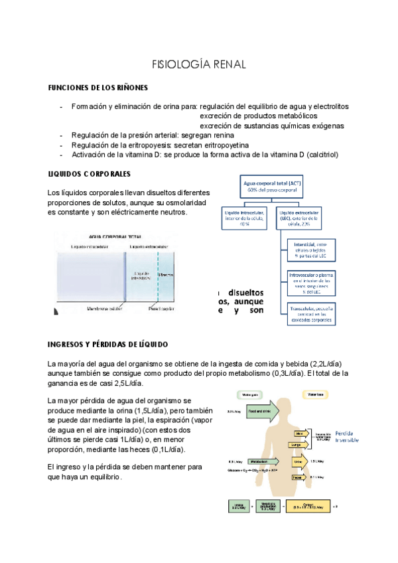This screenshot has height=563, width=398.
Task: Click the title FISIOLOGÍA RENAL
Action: point(199,64)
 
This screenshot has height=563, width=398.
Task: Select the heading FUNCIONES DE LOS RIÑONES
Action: point(98,88)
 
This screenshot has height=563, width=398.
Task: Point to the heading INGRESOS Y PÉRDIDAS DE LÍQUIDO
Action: point(108,345)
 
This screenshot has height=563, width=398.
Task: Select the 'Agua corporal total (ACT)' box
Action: point(272,186)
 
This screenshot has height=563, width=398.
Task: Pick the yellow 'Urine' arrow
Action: point(298,462)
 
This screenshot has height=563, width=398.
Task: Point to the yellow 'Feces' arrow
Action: point(298,476)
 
